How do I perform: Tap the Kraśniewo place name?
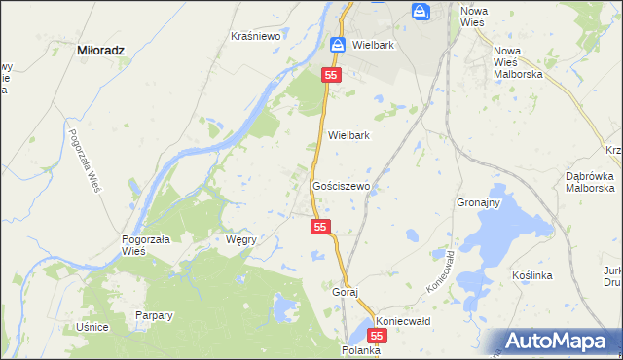click(256, 36)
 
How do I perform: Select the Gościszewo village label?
click(340, 185)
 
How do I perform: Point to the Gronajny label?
click(478, 203)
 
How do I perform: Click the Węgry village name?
click(240, 239)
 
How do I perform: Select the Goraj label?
click(346, 292)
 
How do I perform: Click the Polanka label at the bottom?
click(360, 349)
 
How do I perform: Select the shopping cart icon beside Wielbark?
click(337, 45)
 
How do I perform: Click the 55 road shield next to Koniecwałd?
click(379, 335)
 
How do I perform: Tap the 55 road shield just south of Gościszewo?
click(322, 227)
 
